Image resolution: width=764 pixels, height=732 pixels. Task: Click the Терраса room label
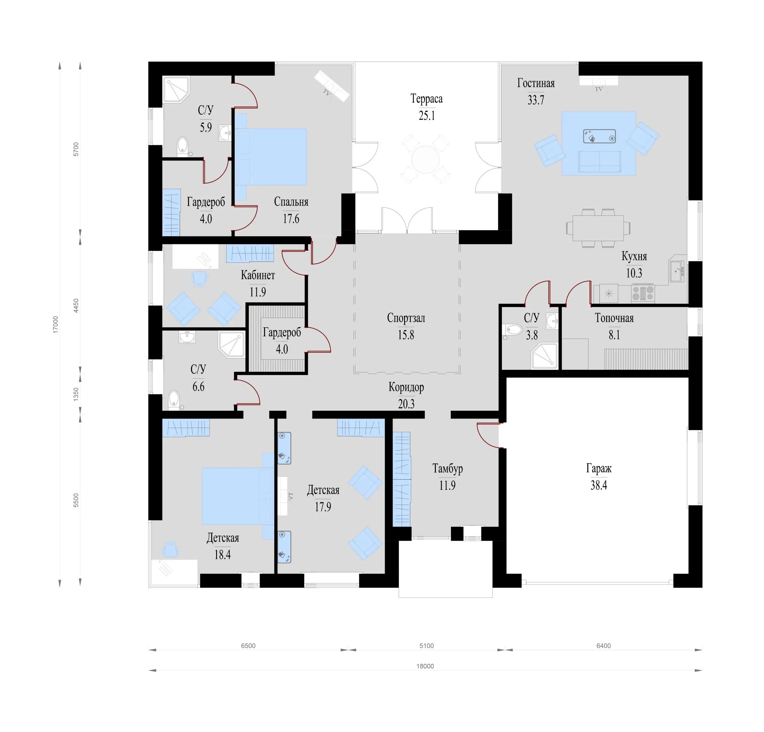click(426, 99)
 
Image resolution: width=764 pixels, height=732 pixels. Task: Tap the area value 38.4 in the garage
click(599, 485)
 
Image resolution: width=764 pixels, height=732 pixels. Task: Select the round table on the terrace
click(426, 159)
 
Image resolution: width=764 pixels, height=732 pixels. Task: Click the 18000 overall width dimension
click(425, 666)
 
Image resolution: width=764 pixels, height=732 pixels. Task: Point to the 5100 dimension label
click(426, 646)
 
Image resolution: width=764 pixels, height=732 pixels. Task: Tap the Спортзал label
click(406, 318)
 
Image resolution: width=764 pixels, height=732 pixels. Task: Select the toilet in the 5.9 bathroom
click(182, 146)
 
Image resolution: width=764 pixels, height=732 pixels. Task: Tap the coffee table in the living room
click(599, 136)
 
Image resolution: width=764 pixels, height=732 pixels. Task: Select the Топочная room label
click(614, 318)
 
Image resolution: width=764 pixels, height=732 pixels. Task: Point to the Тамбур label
click(447, 468)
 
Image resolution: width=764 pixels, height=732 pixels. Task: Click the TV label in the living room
click(599, 89)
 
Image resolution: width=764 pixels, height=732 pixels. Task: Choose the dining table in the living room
click(598, 228)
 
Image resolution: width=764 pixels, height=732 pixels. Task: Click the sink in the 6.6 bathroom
click(187, 337)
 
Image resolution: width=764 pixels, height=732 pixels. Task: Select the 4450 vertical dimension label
click(76, 306)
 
